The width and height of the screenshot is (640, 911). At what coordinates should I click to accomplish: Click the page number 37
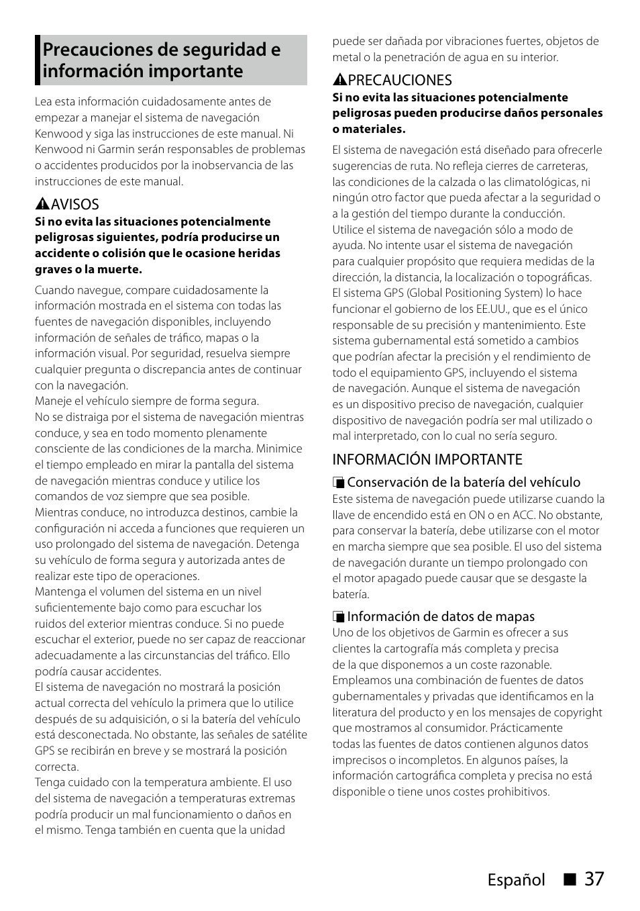click(594, 879)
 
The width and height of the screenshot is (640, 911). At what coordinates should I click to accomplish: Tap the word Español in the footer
click(515, 880)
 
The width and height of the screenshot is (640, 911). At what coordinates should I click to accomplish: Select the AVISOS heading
click(74, 204)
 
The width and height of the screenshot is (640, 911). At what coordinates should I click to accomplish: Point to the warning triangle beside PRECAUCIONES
click(339, 81)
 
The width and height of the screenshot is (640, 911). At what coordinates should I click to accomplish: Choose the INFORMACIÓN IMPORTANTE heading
click(427, 459)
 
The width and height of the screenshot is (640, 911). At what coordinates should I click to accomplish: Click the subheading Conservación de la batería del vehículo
click(463, 482)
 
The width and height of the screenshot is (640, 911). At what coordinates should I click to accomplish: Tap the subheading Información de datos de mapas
click(440, 616)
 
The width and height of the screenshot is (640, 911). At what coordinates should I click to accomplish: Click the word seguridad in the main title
click(219, 50)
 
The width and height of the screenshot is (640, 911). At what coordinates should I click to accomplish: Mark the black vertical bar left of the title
click(38, 60)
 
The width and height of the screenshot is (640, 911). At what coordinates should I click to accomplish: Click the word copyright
click(578, 712)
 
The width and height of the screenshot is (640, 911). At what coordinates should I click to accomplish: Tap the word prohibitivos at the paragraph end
click(517, 792)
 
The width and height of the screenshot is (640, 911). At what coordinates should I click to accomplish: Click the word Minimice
click(279, 448)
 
